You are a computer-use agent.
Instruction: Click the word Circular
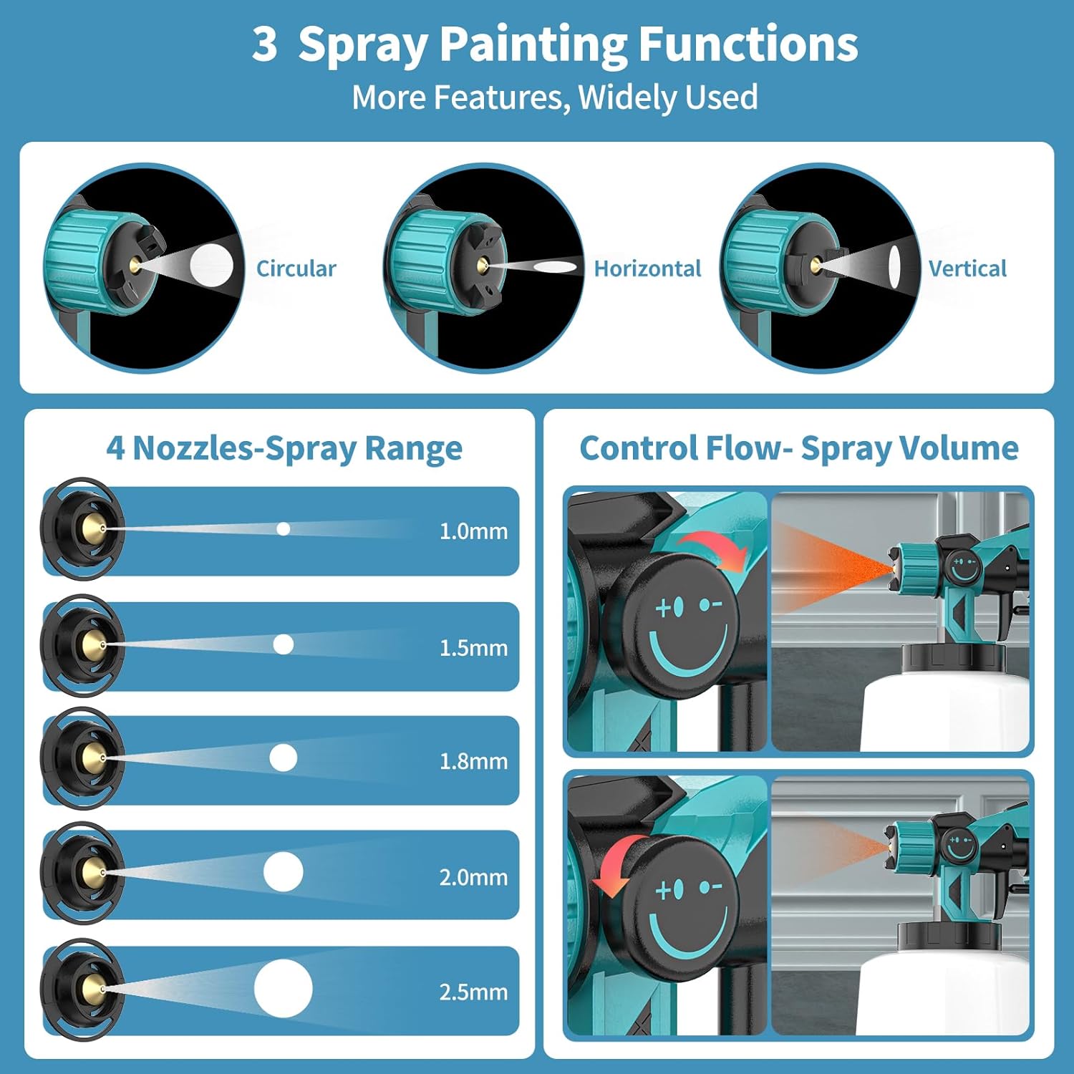pos(296,268)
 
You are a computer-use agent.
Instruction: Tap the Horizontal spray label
pos(647,268)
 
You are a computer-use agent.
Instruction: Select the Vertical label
pos(967,268)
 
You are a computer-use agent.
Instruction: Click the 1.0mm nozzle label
pos(473,531)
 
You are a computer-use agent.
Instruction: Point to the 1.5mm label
pos(473,648)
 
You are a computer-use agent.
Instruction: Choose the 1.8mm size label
pos(473,761)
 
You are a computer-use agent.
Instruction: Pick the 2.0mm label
pos(473,877)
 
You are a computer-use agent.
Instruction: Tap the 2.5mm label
pos(473,992)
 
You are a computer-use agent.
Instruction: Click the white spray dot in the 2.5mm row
pos(284,989)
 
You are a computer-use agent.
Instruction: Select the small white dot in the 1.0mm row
pos(284,529)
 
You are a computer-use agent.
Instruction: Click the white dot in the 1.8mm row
pos(284,758)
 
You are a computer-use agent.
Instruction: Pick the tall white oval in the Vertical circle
pos(894,265)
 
